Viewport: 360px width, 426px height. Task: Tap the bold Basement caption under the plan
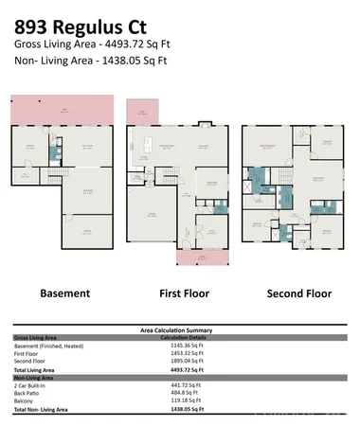click(x=63, y=293)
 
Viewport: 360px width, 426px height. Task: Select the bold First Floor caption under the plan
click(x=182, y=293)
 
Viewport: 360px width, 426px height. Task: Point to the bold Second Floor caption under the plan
click(x=298, y=293)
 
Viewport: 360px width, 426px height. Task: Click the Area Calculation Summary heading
click(x=179, y=329)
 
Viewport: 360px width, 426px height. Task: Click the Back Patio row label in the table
click(x=28, y=393)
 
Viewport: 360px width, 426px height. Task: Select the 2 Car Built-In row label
click(x=32, y=385)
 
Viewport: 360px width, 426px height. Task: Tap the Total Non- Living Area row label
click(x=46, y=410)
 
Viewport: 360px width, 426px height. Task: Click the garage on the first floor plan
click(x=151, y=216)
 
